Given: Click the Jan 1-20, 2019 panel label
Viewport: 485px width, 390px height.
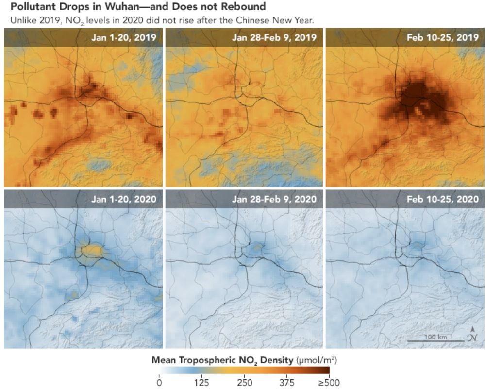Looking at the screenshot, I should click(127, 37).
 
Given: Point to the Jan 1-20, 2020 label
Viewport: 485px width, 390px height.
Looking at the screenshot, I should click(127, 199).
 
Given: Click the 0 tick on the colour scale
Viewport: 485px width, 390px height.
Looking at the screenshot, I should click(159, 383).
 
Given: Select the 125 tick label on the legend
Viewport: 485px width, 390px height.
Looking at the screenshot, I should click(201, 383).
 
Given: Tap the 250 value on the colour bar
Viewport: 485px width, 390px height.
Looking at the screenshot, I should click(244, 383).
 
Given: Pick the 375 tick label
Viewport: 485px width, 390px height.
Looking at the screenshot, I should click(286, 383).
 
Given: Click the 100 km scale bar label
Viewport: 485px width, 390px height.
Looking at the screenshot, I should click(435, 337).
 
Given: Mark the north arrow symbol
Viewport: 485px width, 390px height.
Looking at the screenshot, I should click(471, 334).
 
